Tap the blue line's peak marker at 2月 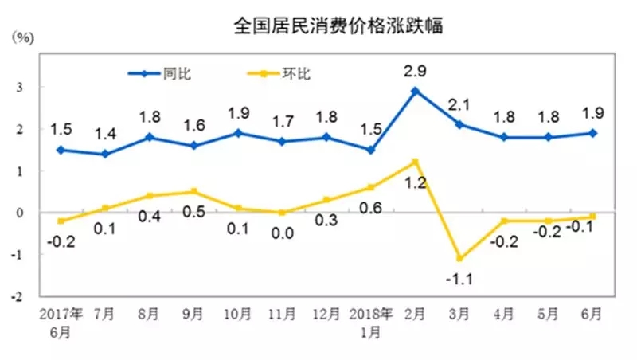coord(415,91)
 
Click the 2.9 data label coord(415,71)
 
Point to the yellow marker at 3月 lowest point coord(459,258)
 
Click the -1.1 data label coord(459,279)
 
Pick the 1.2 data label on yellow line coord(415,183)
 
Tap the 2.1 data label coord(459,104)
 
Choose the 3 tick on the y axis coord(18,87)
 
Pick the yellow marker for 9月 coord(193,191)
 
